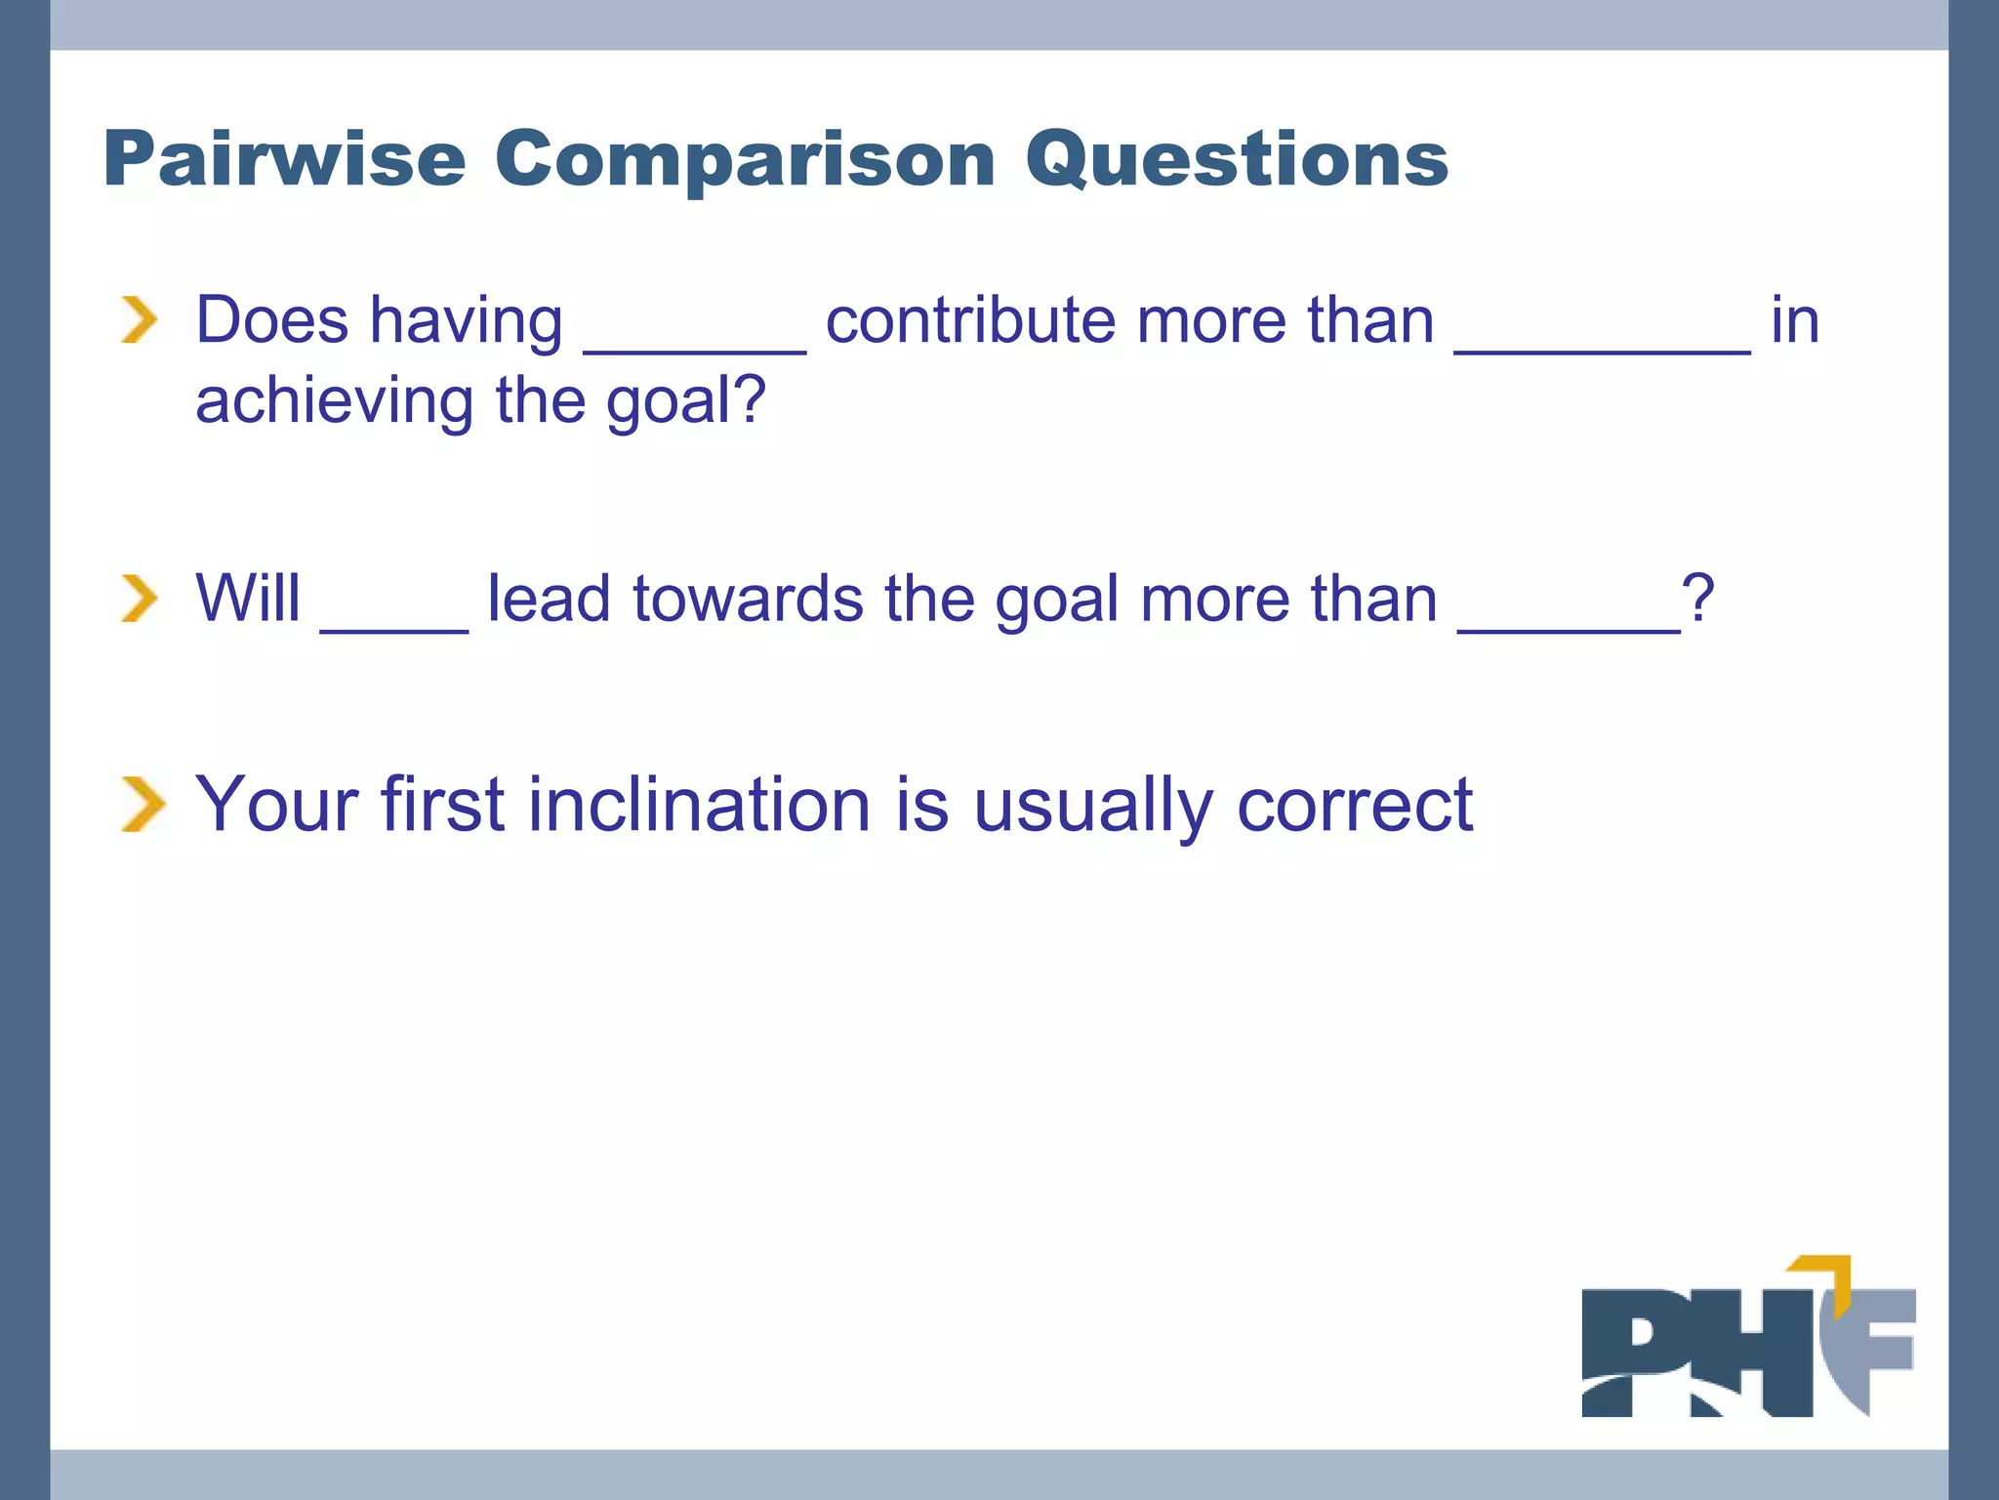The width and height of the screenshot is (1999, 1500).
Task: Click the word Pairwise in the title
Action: click(284, 158)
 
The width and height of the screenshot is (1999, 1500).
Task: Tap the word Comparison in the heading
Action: click(744, 158)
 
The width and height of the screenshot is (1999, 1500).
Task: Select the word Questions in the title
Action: click(1236, 158)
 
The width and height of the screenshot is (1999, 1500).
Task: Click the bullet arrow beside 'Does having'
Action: click(140, 320)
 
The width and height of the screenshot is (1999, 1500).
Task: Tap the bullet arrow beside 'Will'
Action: click(140, 598)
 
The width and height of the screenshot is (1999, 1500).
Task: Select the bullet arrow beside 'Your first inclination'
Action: click(143, 805)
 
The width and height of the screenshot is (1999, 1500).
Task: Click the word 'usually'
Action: click(1093, 805)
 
